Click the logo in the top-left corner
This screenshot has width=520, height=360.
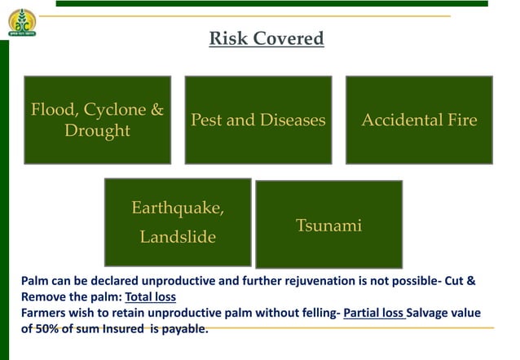(x=22, y=22)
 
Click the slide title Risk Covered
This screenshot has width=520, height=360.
(x=267, y=38)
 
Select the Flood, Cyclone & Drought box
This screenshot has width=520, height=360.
(x=97, y=120)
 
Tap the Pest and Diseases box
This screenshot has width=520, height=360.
(x=258, y=120)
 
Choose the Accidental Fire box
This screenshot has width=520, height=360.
(x=419, y=120)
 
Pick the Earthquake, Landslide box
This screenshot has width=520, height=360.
(x=178, y=222)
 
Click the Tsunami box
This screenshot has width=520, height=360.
(x=328, y=225)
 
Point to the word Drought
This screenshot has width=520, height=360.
(x=97, y=131)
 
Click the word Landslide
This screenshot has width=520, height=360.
(x=178, y=237)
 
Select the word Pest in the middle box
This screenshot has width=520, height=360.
(x=206, y=121)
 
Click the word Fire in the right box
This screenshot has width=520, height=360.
(x=461, y=121)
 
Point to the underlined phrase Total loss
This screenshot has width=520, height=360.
(x=150, y=296)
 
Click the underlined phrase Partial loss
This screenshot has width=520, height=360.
(x=374, y=313)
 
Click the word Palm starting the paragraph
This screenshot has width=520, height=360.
(x=35, y=281)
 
